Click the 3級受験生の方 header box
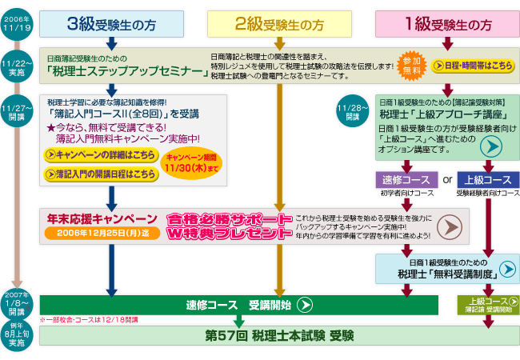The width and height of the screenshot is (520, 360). click(x=111, y=24)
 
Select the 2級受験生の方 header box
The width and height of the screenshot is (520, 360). click(x=279, y=24)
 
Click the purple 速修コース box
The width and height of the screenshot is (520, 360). click(x=406, y=179)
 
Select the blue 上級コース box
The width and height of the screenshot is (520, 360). click(x=488, y=179)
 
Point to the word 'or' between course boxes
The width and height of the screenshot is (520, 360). click(x=447, y=179)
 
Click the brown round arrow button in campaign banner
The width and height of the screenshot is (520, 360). click(x=454, y=226)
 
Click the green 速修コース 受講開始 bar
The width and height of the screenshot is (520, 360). click(x=239, y=305)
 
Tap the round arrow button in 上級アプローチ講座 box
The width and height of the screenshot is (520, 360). click(x=490, y=145)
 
